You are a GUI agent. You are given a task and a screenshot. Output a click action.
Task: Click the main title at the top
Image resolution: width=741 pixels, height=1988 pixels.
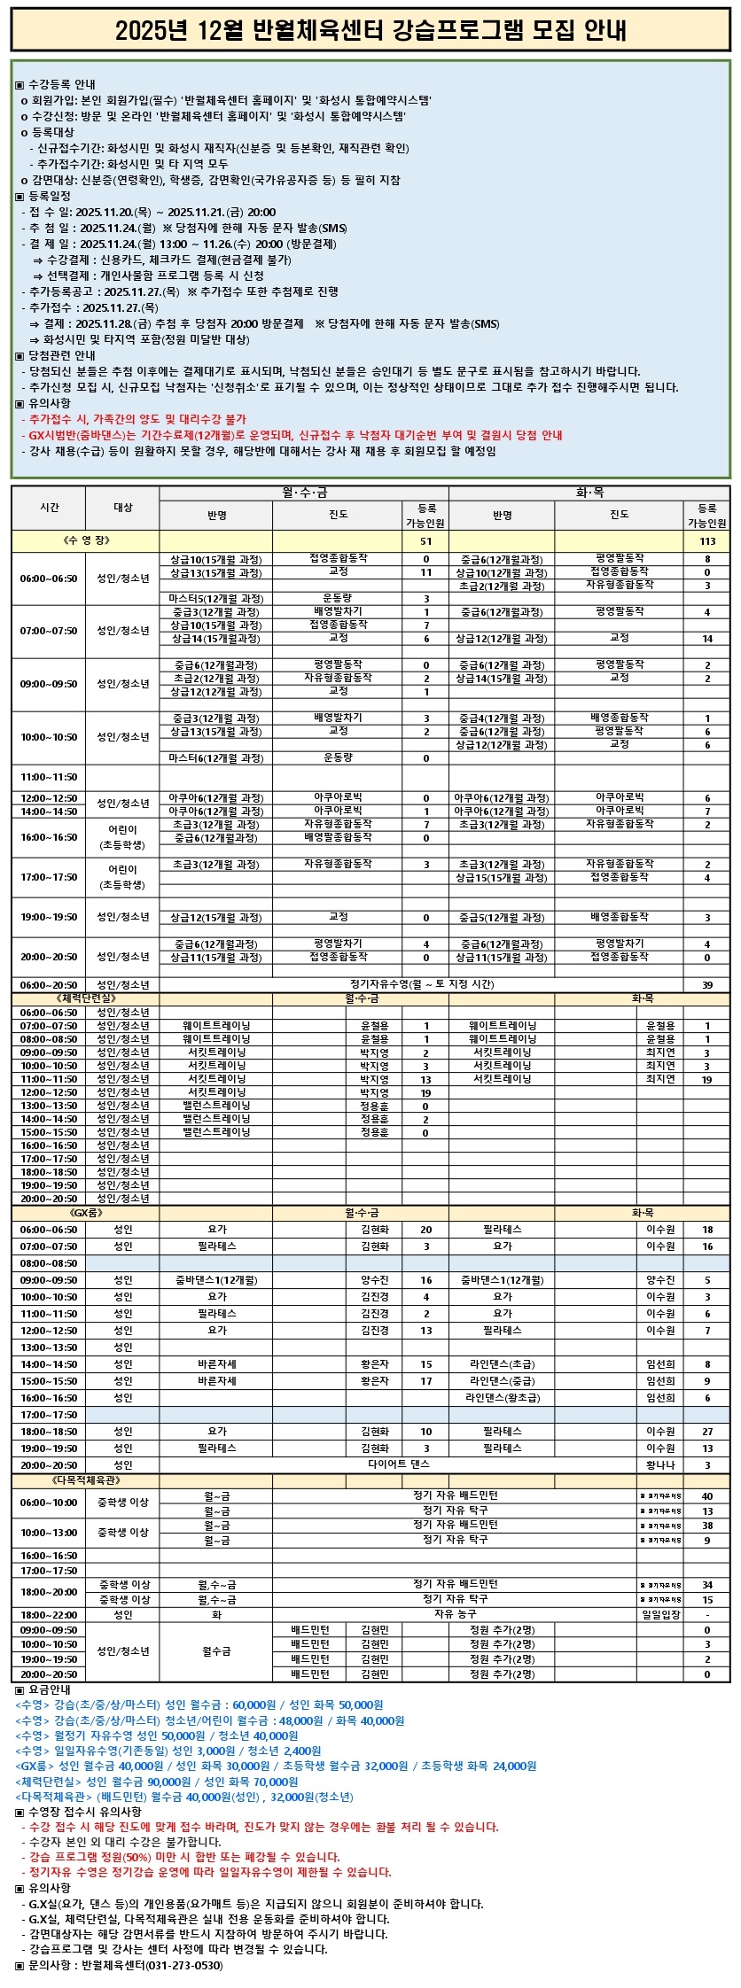(370, 31)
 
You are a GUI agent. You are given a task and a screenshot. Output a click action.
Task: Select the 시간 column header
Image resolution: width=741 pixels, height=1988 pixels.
(50, 508)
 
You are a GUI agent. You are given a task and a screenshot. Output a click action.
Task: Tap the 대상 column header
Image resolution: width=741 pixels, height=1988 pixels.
(123, 508)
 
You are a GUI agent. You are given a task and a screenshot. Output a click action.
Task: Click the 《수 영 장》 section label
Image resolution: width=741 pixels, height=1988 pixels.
(86, 541)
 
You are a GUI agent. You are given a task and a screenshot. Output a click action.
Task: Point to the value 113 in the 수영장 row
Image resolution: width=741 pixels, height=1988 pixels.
(706, 541)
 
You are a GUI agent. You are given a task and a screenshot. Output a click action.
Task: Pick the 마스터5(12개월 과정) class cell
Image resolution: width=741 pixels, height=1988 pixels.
(216, 599)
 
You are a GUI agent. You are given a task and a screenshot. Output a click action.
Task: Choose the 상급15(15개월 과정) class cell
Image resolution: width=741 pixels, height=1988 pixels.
(502, 878)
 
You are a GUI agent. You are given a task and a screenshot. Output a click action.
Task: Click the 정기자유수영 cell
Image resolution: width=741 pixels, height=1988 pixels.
(421, 984)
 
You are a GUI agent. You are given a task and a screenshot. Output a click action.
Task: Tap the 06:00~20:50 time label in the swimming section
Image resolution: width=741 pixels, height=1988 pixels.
(50, 985)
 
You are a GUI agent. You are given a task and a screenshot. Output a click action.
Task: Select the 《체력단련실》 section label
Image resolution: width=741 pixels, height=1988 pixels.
(85, 998)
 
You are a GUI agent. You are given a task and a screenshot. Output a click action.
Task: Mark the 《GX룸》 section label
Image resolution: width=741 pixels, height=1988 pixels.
(85, 1212)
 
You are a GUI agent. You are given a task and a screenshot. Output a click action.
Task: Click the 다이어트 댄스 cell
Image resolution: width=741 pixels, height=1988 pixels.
(398, 1465)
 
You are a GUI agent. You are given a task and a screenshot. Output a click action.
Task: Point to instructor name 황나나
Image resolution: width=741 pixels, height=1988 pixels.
(660, 1465)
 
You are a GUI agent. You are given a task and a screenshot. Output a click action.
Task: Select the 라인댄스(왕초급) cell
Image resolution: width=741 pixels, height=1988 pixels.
(502, 1398)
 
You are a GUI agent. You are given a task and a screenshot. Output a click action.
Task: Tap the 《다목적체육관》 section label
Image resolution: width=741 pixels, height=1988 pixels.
(85, 1480)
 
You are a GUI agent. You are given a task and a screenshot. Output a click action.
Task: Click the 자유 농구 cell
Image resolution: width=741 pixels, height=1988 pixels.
(455, 1615)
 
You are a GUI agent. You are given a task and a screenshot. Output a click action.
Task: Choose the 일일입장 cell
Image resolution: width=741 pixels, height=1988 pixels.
(660, 1615)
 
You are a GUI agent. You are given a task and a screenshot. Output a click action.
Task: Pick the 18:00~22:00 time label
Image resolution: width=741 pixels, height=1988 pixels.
(50, 1615)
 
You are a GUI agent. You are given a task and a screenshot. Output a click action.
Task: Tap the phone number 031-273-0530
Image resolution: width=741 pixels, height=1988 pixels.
(186, 1965)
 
